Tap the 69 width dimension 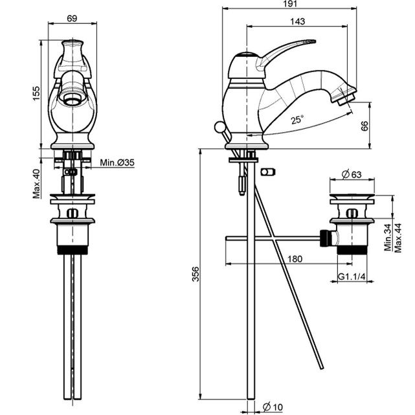click(71, 18)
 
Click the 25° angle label click(297, 119)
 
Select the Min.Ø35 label click(118, 163)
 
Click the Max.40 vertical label click(36, 184)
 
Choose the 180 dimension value click(295, 258)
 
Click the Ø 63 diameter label click(351, 174)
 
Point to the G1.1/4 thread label click(352, 277)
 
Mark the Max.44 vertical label click(399, 238)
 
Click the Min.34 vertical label click(388, 238)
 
